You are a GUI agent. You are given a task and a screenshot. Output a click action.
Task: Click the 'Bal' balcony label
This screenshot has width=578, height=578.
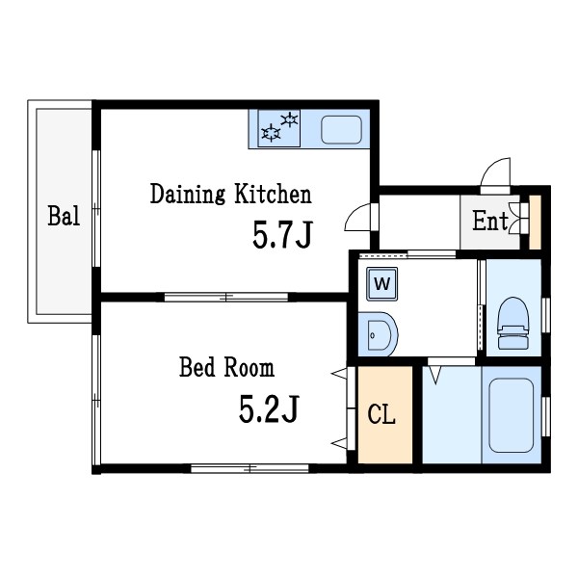(64, 216)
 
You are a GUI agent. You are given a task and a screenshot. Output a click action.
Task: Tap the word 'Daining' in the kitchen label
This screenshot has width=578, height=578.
(188, 194)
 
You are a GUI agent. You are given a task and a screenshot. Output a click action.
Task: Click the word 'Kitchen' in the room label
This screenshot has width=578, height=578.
(274, 194)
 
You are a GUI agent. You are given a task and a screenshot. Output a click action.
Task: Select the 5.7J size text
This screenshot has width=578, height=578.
(282, 234)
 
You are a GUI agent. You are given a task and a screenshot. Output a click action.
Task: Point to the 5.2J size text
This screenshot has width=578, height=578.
(269, 408)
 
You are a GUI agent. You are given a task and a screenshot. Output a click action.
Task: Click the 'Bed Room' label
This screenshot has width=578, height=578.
(226, 367)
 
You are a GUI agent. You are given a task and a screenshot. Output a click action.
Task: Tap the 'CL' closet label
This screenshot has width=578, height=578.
(381, 414)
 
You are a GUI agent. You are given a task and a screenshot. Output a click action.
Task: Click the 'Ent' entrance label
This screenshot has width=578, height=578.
(490, 221)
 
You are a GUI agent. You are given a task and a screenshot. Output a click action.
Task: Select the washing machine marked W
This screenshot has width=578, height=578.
(381, 284)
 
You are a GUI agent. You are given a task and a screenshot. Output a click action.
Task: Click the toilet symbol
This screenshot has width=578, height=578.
(513, 324)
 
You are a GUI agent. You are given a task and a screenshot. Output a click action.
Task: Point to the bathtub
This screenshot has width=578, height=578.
(511, 415)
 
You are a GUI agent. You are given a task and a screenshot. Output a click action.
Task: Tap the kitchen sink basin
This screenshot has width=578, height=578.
(341, 129)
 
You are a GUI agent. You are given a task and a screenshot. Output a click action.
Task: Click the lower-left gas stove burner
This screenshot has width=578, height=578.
(271, 133)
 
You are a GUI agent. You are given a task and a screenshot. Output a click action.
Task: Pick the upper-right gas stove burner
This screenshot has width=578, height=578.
(289, 119)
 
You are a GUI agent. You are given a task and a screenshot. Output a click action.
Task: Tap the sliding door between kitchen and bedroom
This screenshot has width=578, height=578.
(226, 297)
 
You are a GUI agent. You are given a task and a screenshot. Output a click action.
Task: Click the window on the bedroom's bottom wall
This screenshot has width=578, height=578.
(250, 468)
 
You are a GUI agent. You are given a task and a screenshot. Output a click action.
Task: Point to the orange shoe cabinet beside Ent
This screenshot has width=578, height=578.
(535, 222)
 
